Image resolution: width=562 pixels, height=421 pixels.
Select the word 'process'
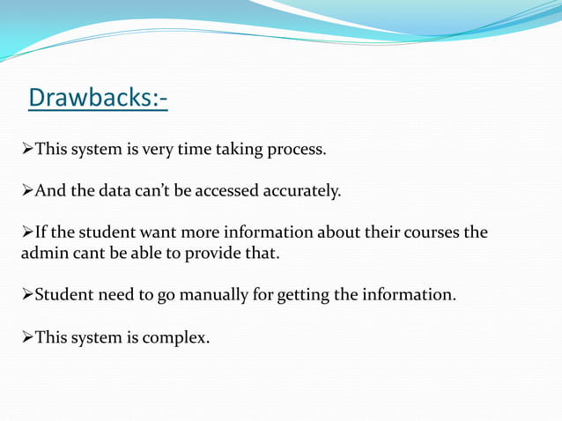[295, 149]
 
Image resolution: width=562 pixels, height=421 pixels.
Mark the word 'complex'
[176, 336]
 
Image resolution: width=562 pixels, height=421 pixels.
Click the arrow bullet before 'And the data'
[26, 190]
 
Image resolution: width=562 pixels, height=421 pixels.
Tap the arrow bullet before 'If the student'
[26, 233]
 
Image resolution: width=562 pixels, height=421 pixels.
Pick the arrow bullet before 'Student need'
[26, 293]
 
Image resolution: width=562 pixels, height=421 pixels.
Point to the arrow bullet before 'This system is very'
[26, 148]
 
